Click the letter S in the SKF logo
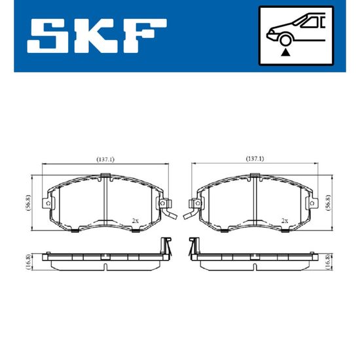(x=45, y=35)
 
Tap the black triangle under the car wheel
(x=285, y=52)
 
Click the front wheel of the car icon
(x=285, y=40)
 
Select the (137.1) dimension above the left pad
(x=105, y=159)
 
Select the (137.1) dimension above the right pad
(x=255, y=159)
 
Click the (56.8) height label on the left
(x=27, y=203)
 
